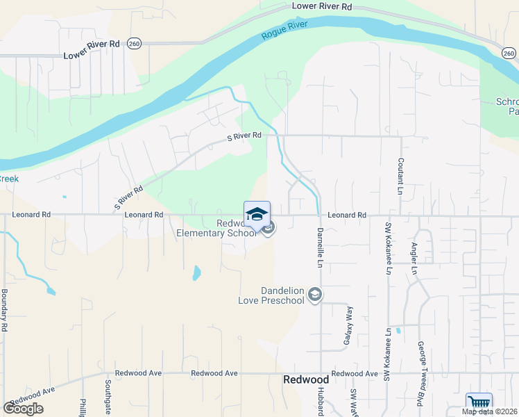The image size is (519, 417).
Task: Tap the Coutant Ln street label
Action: click(x=400, y=175)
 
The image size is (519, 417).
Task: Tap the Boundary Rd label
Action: click(x=4, y=309)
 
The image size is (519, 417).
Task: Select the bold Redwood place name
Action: click(x=306, y=379)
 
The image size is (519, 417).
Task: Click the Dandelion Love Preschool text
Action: click(x=271, y=295)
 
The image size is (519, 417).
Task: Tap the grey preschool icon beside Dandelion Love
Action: click(x=315, y=295)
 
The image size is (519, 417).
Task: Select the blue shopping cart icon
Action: click(x=479, y=402)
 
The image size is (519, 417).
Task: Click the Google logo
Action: click(x=23, y=408)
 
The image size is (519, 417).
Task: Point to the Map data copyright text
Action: click(x=490, y=411)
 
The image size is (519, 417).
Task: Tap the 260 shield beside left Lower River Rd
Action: click(x=134, y=43)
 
